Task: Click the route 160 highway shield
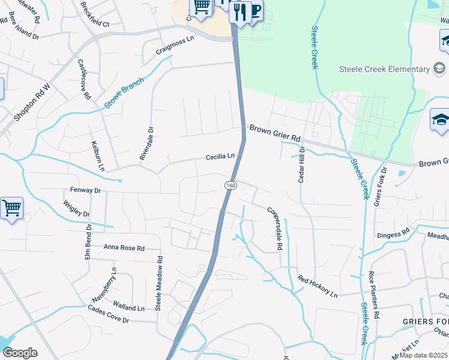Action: click(231, 186)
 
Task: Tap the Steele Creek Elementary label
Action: click(384, 69)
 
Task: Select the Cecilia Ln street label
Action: click(220, 157)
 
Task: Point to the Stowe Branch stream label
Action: click(125, 93)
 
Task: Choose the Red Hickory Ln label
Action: click(318, 287)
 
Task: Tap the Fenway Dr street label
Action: click(85, 190)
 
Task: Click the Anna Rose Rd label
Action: click(124, 248)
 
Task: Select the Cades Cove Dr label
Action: click(109, 316)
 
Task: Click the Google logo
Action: click(20, 352)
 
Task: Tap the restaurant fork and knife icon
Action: click(239, 11)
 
